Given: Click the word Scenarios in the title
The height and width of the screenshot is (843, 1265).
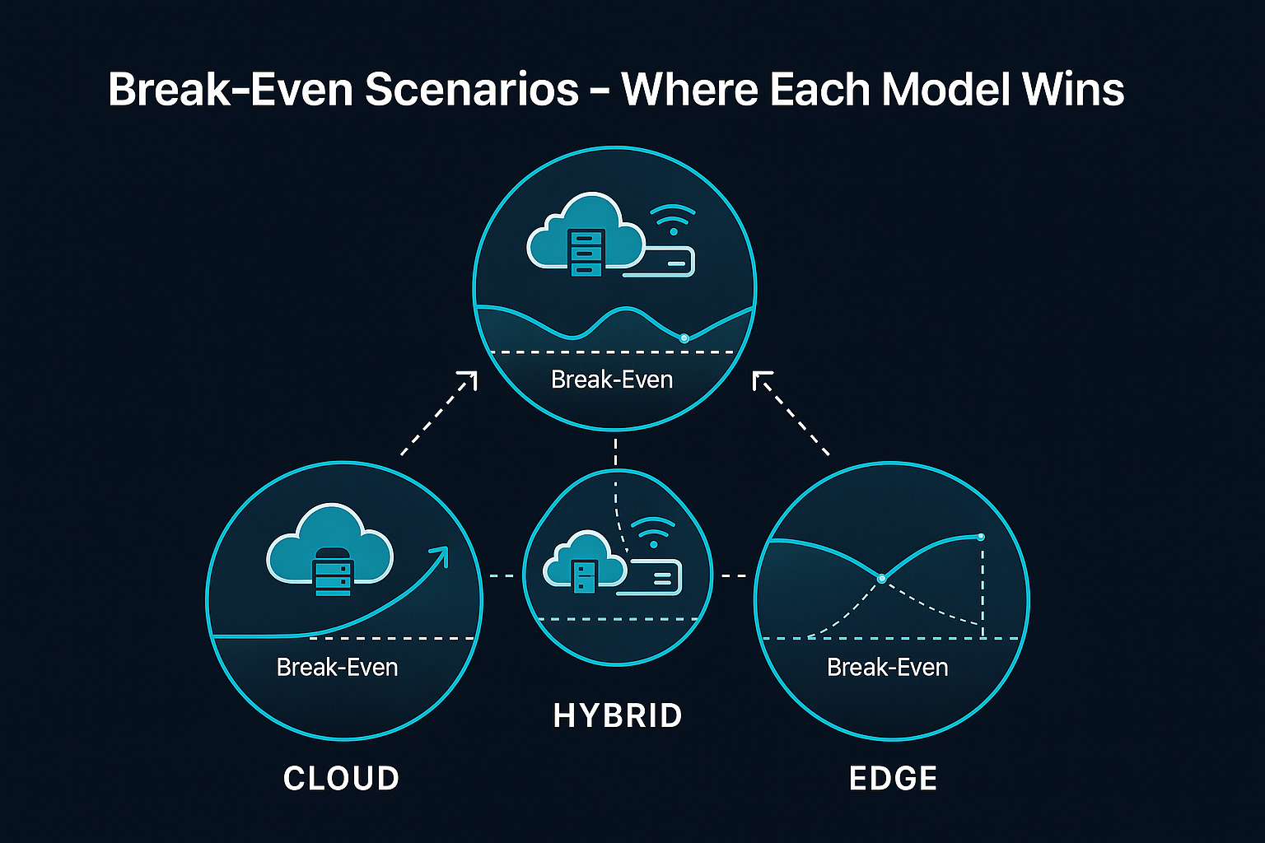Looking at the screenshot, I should [472, 89].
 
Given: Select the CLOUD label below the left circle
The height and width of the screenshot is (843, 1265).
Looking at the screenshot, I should [341, 778].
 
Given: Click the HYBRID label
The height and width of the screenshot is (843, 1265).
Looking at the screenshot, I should [618, 715].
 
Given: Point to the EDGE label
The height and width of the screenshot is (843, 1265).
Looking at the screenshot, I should [893, 778].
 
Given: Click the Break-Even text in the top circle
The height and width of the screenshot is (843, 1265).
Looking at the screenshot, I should [612, 380].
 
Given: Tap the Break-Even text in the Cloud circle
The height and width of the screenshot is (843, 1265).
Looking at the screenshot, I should [337, 667].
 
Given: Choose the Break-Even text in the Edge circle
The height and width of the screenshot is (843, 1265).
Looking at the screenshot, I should [887, 667].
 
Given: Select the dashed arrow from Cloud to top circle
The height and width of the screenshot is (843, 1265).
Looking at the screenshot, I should [438, 413].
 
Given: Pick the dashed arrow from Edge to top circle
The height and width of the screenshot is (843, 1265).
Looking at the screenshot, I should [791, 413].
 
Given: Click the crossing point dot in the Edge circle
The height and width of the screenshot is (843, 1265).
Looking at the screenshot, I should [882, 579].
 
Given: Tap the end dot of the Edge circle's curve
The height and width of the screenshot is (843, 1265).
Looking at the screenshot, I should [981, 537].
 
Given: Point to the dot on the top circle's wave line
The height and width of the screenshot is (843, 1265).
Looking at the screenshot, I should [684, 338].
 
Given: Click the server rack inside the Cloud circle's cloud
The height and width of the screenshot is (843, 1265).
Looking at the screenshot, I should [334, 571].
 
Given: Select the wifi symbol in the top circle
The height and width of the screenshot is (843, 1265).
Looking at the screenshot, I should [672, 220].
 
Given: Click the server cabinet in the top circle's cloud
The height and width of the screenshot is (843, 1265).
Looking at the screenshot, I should [586, 251].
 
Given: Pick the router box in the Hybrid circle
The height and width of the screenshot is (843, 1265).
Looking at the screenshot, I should [651, 576].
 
